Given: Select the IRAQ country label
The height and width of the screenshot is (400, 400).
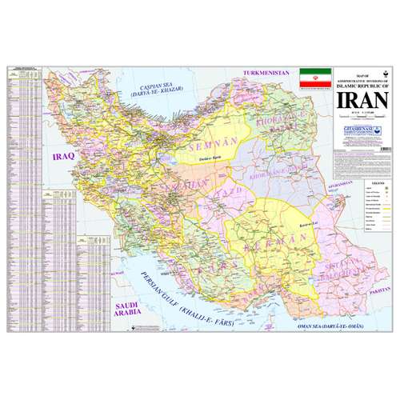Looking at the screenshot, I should click(62, 158).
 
